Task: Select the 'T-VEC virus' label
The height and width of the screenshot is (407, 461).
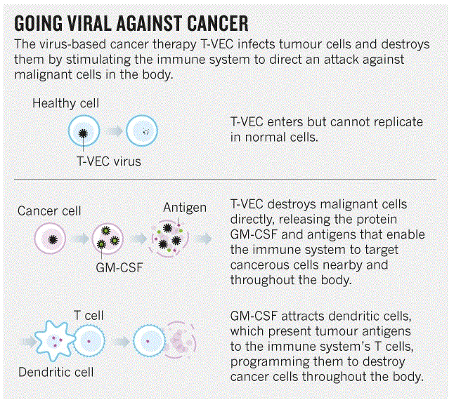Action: coord(108,161)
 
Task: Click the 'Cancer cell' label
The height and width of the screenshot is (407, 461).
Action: coord(49,211)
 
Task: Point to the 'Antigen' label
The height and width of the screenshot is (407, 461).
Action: coord(185,207)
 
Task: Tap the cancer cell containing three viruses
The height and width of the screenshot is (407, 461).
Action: coord(109,238)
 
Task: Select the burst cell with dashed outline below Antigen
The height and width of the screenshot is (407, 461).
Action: coord(169,239)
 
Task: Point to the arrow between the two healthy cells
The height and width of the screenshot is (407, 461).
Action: coord(114,131)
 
